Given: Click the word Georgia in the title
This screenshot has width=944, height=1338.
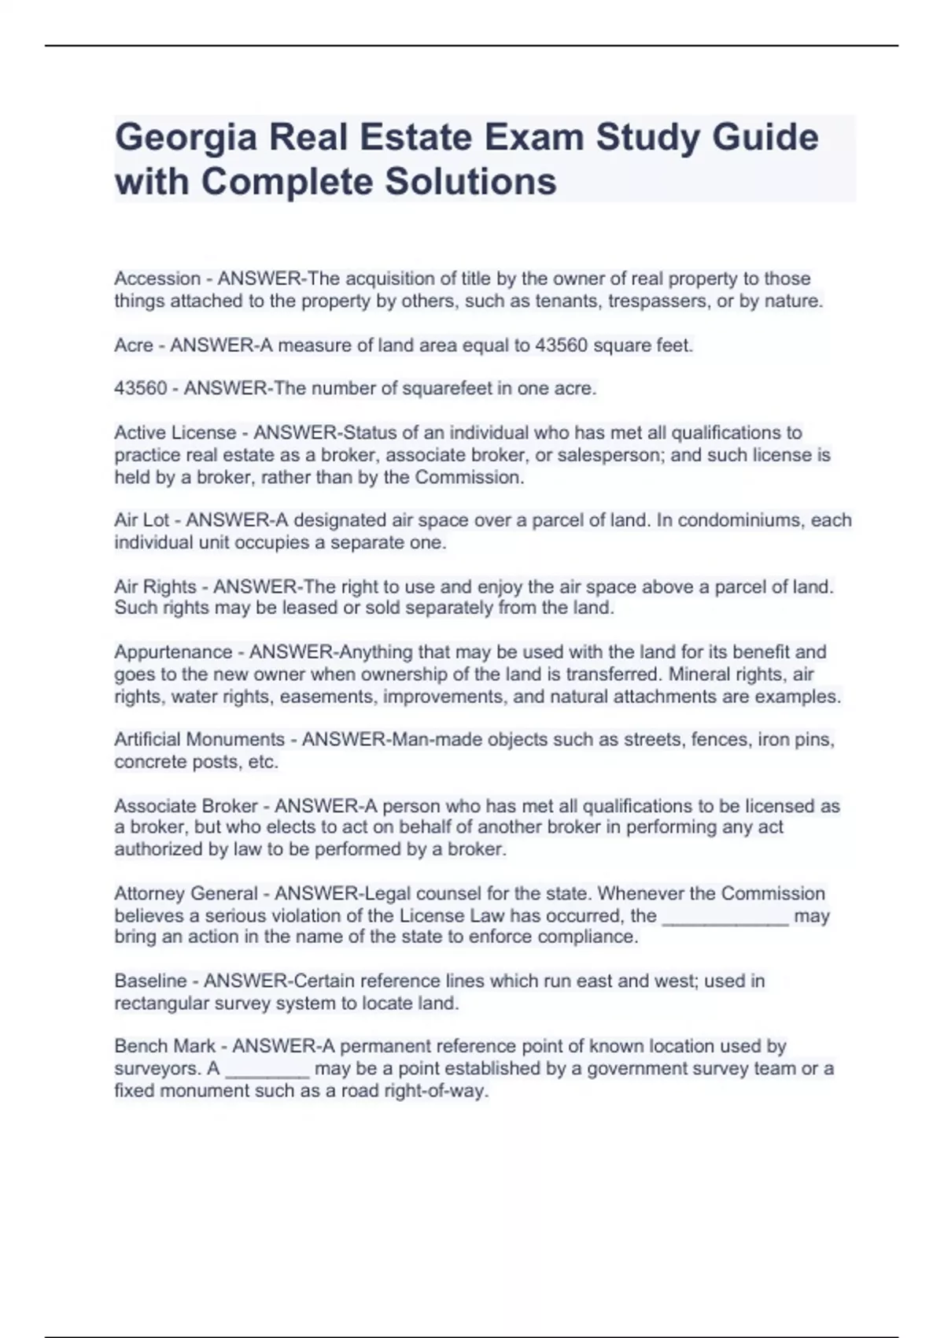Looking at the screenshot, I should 186,138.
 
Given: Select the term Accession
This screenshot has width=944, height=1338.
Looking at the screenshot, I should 157,279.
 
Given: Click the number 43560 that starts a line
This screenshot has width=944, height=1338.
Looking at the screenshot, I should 141,388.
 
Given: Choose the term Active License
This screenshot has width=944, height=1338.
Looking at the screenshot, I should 175,433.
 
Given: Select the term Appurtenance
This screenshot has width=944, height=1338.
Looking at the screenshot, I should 173,652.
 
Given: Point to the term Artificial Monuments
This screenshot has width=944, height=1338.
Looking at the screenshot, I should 199,740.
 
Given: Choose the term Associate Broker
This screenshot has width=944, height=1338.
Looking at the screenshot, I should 186,806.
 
